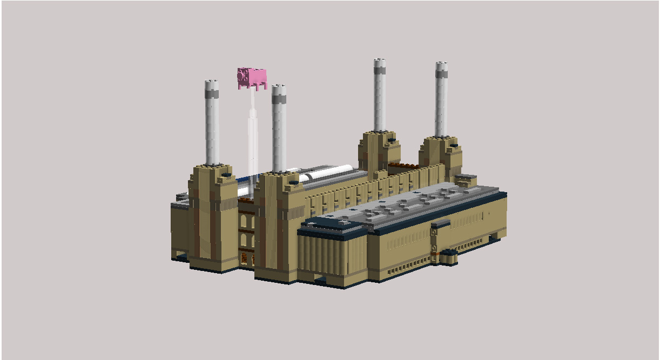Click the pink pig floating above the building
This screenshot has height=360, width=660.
click(x=252, y=77)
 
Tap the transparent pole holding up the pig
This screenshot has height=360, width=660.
click(x=252, y=135)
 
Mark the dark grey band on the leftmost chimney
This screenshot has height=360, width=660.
click(x=212, y=94)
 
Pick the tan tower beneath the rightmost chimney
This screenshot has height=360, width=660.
click(x=441, y=157)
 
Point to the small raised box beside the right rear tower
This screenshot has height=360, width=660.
click(x=466, y=180)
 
